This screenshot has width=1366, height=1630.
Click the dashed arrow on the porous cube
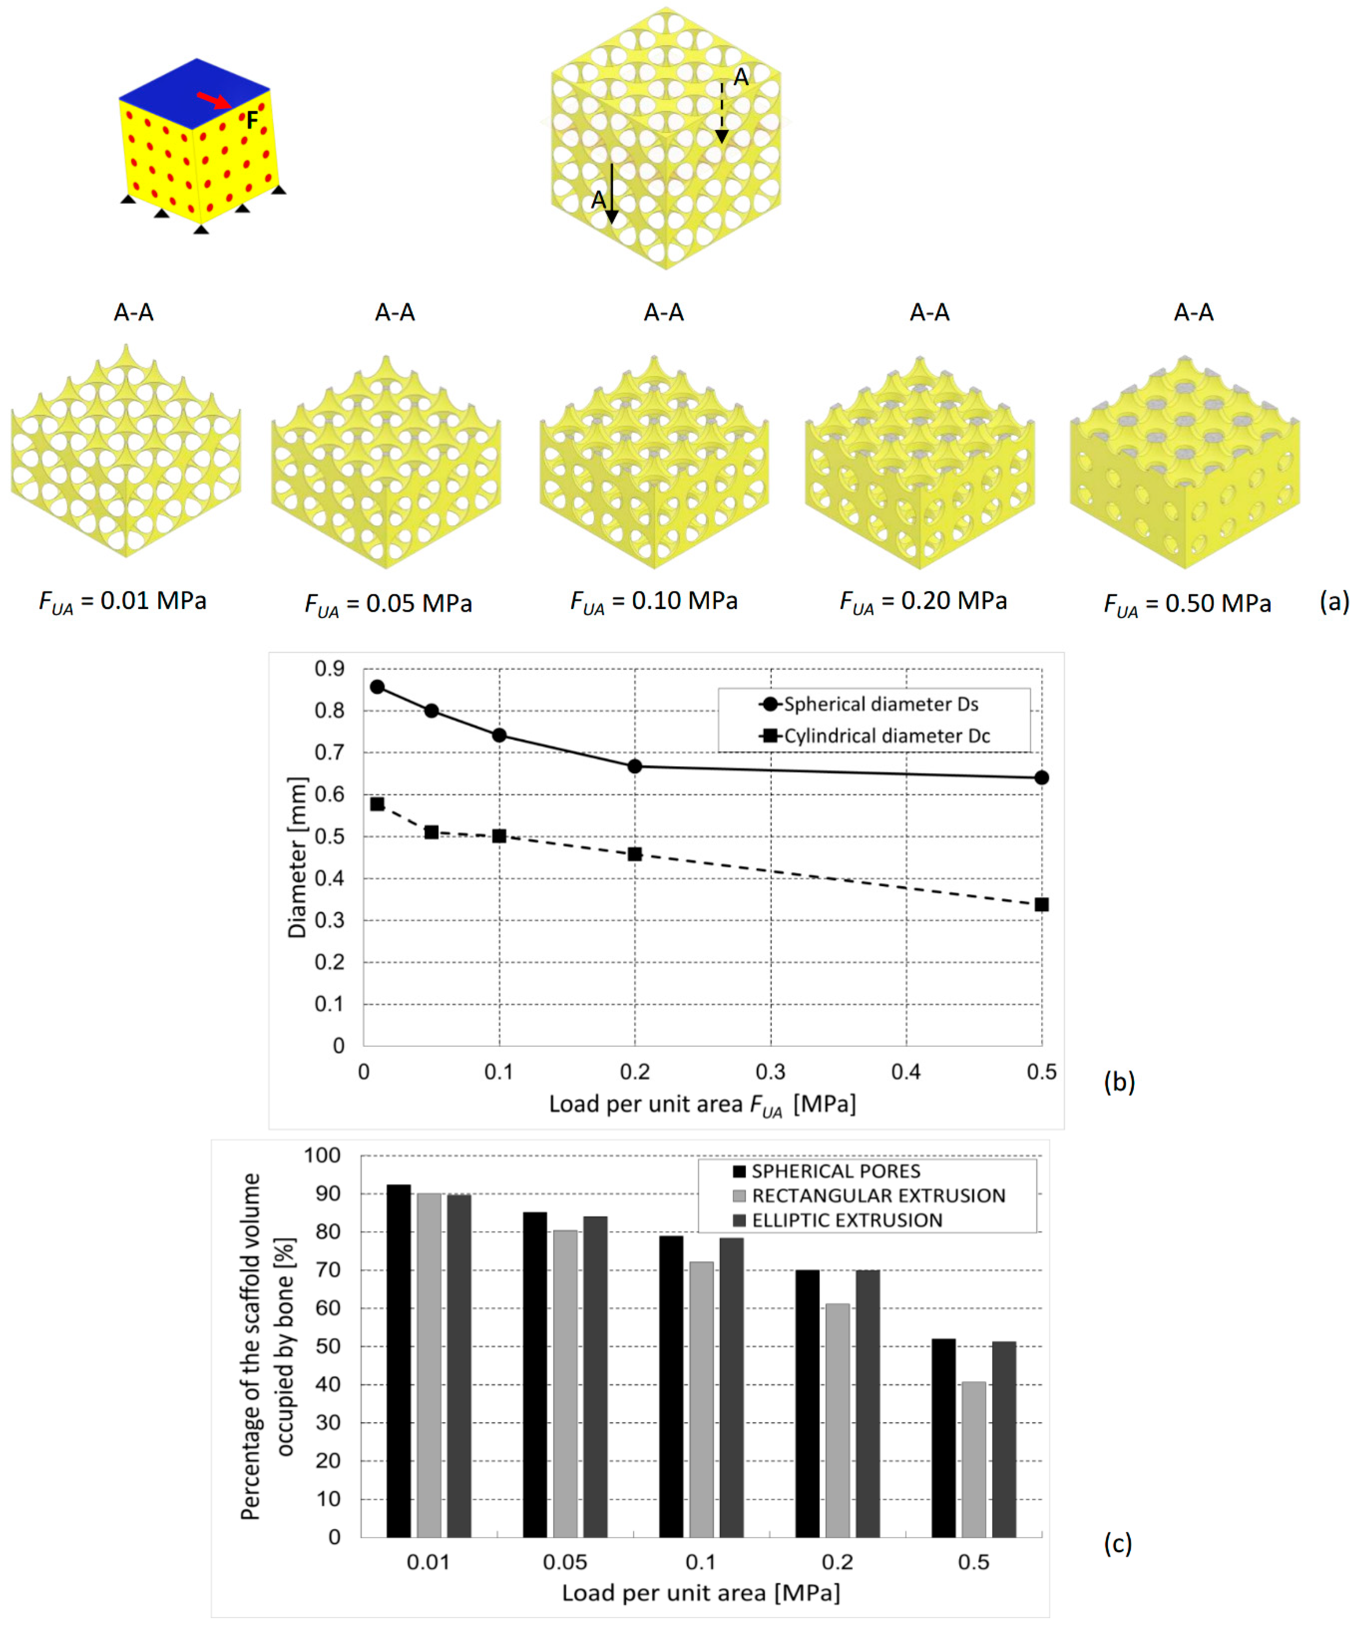[x=721, y=113]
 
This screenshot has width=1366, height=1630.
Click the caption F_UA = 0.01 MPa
[x=123, y=602]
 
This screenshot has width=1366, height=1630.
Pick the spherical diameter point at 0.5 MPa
[x=1041, y=778]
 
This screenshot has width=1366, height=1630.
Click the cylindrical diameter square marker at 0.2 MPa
[x=634, y=854]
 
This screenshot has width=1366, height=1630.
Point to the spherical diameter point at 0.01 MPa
[x=377, y=687]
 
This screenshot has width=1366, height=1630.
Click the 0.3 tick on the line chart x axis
[x=770, y=1072]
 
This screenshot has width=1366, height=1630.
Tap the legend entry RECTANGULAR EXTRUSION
[x=877, y=1195]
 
